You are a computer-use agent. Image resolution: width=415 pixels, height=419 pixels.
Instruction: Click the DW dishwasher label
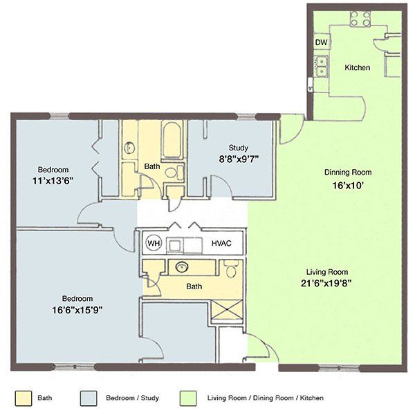point(321,42)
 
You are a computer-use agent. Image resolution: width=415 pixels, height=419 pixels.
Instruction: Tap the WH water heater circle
point(154,243)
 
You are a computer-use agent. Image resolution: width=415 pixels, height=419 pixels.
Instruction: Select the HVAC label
point(221,244)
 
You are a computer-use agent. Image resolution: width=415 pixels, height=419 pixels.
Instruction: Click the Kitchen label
point(357,68)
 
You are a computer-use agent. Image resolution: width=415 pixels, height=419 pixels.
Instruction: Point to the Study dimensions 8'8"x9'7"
point(239,159)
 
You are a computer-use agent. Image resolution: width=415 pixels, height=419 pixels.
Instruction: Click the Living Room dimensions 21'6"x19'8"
point(326,283)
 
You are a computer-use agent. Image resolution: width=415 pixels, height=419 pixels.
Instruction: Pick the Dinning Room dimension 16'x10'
point(348,185)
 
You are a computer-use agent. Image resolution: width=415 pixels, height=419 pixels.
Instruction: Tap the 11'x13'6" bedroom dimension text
point(53,181)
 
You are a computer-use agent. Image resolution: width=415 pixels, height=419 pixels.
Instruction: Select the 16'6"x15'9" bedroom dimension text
point(77,310)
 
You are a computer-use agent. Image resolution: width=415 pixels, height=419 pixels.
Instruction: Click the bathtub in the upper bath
point(172,140)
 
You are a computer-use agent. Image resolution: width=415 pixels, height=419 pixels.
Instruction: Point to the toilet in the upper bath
point(174,173)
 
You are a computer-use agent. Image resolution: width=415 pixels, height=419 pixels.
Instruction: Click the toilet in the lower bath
point(231,269)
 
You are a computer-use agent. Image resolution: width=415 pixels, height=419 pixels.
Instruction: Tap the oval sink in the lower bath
point(182,266)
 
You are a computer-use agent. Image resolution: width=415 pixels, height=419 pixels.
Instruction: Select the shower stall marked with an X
point(227,309)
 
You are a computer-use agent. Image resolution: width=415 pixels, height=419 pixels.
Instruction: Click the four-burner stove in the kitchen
point(360,19)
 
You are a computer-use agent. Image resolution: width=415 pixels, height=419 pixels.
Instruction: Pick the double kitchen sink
point(322,66)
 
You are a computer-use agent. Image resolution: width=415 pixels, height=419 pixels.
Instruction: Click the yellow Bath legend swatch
point(24,398)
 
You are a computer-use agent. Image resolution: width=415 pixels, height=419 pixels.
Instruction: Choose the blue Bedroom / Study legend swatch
point(89,398)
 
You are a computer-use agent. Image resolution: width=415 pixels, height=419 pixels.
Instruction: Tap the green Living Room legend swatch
point(188,398)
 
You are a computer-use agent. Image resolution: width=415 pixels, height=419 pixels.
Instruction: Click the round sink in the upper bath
point(129,148)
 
